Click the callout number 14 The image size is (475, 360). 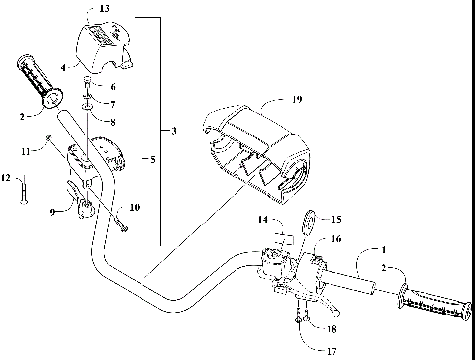(x=263, y=219)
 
